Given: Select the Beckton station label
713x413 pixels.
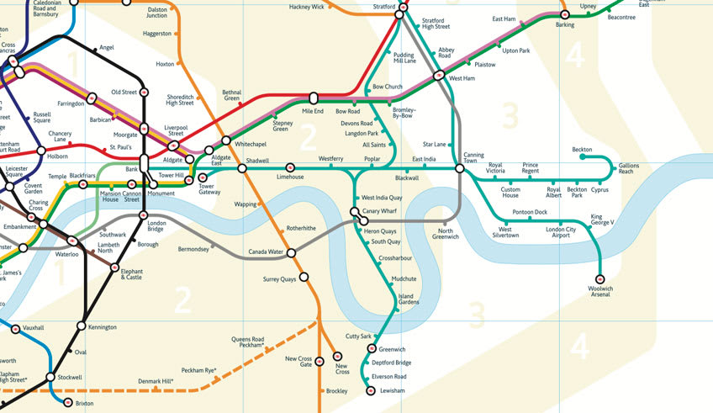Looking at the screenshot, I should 582,149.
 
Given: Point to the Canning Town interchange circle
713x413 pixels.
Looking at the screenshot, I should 460,168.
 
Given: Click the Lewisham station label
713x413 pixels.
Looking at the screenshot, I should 393,391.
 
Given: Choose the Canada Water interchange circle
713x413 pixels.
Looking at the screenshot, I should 292,252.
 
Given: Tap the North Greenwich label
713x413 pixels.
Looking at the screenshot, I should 446,234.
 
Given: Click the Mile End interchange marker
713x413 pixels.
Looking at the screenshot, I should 313,98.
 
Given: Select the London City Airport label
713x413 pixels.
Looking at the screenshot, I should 561,232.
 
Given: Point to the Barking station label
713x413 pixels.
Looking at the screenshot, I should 564,25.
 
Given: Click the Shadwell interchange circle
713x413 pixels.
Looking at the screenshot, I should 242,168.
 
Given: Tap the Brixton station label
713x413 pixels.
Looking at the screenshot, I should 85,404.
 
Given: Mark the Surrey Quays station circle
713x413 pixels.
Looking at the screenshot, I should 304,277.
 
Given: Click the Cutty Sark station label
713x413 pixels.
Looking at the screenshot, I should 359,336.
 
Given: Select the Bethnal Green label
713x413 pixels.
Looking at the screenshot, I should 231,96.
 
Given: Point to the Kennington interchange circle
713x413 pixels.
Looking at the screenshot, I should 82,325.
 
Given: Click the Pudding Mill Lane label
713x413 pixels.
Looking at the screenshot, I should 404,57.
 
